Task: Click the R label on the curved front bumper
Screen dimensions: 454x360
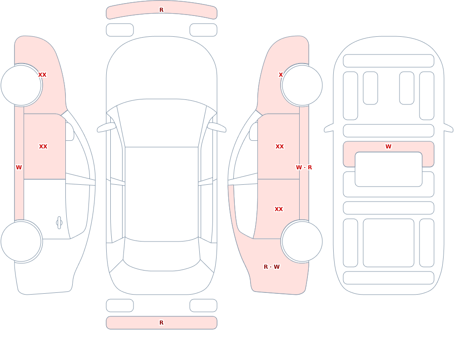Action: pos(161,10)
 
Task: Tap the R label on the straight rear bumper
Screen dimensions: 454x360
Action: pos(161,323)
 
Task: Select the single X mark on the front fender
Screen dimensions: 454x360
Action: pos(281,75)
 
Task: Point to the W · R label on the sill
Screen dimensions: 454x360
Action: pos(304,168)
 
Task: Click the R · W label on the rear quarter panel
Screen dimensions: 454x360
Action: pos(271,267)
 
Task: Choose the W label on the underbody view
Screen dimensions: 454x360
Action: pos(388,147)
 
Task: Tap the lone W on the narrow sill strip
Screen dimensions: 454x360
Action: pos(19,168)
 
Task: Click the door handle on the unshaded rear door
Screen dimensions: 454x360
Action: pos(59,223)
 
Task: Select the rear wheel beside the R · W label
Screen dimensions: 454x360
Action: pos(302,241)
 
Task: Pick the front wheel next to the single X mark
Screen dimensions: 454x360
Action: pos(302,85)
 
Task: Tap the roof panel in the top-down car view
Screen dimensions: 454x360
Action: pos(162,194)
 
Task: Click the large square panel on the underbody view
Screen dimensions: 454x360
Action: pos(388,243)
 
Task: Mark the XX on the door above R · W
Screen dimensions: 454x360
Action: pos(279,209)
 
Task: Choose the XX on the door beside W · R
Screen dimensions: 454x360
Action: pos(279,147)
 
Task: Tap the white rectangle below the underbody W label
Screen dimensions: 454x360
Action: pos(388,169)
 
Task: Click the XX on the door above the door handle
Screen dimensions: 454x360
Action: pos(43,147)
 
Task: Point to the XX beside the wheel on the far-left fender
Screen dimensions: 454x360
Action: pos(42,75)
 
